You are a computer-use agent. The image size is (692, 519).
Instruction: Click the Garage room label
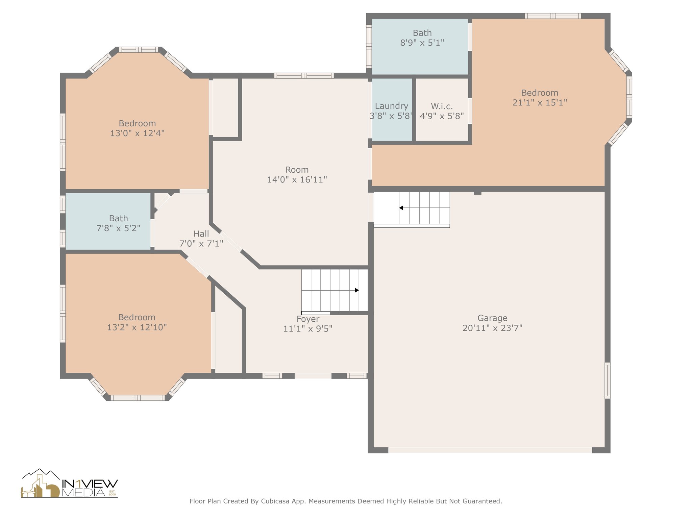pos(492,318)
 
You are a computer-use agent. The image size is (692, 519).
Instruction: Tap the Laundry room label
pos(392,106)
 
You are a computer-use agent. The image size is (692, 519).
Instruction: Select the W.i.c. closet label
pos(442,106)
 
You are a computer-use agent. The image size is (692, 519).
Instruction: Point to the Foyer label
pos(308,319)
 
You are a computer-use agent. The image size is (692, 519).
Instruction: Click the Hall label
pos(201,234)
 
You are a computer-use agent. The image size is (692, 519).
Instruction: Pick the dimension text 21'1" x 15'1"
pos(540,103)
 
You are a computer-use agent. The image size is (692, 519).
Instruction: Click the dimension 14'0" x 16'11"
pos(297,180)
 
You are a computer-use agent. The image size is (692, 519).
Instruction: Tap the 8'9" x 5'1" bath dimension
pos(422,43)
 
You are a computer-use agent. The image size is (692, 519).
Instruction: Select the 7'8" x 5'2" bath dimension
pos(118,228)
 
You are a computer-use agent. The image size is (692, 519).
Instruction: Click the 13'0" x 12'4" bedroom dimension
pos(137,133)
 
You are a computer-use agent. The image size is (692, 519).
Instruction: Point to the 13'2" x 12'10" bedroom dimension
pos(137,327)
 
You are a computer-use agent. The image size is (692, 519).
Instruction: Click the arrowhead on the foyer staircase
pos(357,290)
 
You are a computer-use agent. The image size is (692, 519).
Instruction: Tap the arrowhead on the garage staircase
pos(401,208)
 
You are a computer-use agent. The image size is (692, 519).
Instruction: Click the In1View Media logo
pos(69,483)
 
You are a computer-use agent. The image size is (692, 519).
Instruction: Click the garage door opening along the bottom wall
pos(490,450)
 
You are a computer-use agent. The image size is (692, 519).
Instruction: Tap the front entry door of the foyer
pos(313,376)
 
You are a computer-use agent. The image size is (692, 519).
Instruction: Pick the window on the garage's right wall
pos(608,380)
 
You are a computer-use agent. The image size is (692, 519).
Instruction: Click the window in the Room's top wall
pos(304,76)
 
